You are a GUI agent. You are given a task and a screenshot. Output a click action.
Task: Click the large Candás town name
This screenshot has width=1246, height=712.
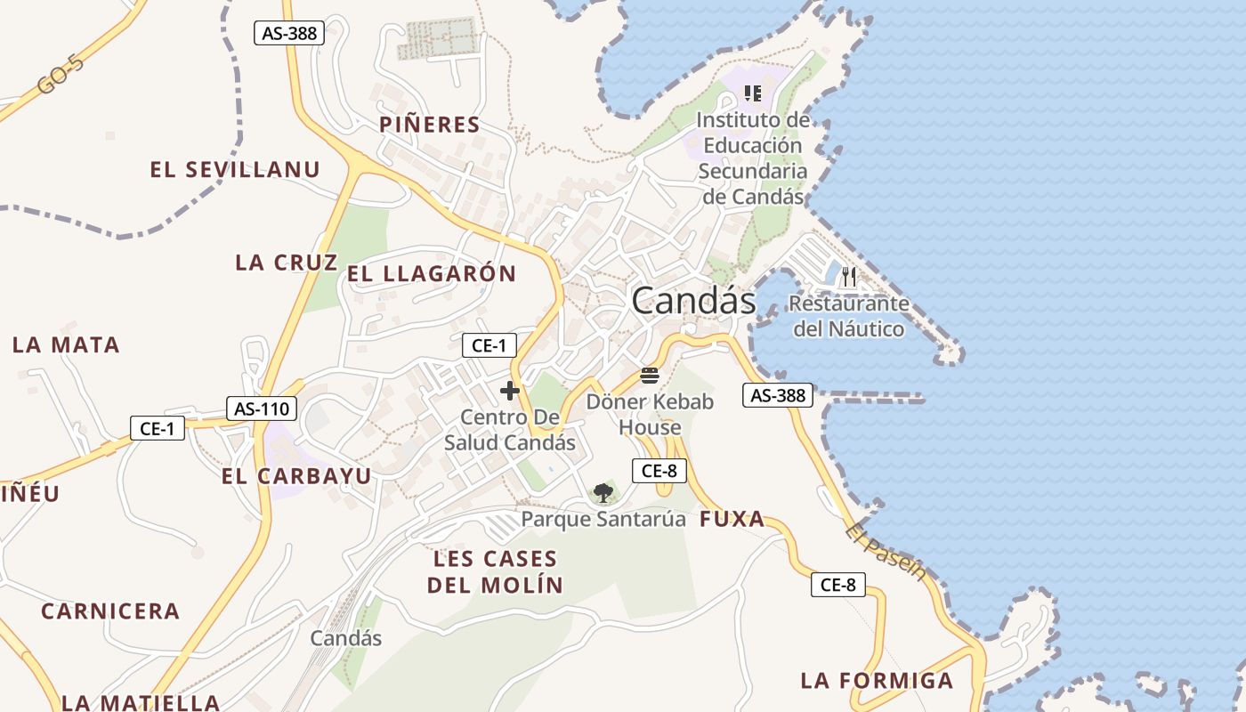click(693, 302)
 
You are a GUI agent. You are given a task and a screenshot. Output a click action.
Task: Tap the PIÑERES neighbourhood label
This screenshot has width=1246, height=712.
click(430, 125)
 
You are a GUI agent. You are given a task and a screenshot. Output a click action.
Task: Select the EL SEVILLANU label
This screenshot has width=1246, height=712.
click(235, 170)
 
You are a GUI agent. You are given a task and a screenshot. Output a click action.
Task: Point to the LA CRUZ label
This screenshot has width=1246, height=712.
click(287, 263)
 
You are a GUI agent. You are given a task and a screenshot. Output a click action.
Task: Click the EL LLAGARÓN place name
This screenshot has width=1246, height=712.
click(432, 274)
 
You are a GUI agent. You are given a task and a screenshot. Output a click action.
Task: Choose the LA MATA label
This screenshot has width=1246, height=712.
click(66, 345)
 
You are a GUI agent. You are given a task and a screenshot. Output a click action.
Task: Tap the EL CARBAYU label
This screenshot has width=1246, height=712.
click(296, 476)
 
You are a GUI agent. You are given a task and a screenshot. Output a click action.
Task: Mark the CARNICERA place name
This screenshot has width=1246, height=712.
click(110, 611)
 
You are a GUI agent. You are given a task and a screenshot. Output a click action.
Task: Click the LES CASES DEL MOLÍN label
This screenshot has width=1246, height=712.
click(495, 571)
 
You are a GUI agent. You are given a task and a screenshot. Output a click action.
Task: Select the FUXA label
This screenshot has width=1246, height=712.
click(732, 520)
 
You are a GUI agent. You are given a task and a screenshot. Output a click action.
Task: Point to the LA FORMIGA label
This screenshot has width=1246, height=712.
click(877, 681)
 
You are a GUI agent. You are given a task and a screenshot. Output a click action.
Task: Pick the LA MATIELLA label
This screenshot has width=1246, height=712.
click(142, 702)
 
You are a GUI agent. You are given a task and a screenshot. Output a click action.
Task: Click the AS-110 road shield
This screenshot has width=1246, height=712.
click(262, 409)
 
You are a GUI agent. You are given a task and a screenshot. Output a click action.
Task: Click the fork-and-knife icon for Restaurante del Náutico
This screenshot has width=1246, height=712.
click(848, 277)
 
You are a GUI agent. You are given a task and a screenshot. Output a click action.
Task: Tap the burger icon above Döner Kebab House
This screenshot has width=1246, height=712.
click(650, 375)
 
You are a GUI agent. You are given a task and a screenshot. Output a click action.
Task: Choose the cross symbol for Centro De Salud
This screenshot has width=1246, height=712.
click(510, 391)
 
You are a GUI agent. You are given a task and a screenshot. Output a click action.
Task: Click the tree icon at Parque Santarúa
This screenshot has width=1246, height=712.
click(603, 492)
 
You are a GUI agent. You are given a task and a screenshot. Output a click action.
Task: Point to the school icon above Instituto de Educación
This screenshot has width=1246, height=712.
click(753, 93)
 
